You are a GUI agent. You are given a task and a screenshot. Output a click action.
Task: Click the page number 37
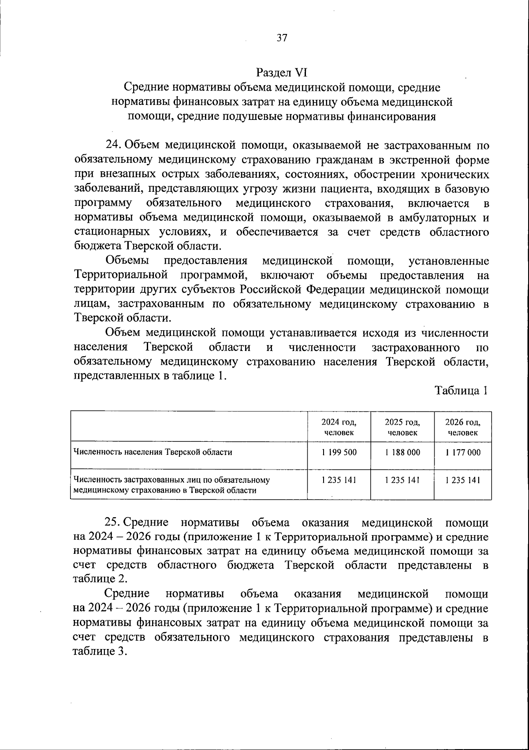pos(282,38)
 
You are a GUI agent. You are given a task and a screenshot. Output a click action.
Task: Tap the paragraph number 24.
pos(113,146)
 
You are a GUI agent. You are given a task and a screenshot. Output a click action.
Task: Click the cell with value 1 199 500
pos(339,452)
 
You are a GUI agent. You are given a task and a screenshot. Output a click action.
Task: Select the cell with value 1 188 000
pos(402,452)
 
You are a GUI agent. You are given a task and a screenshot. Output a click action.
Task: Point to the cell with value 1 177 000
pos(462,452)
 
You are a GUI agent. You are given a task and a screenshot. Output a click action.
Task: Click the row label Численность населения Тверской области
pos(153,452)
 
